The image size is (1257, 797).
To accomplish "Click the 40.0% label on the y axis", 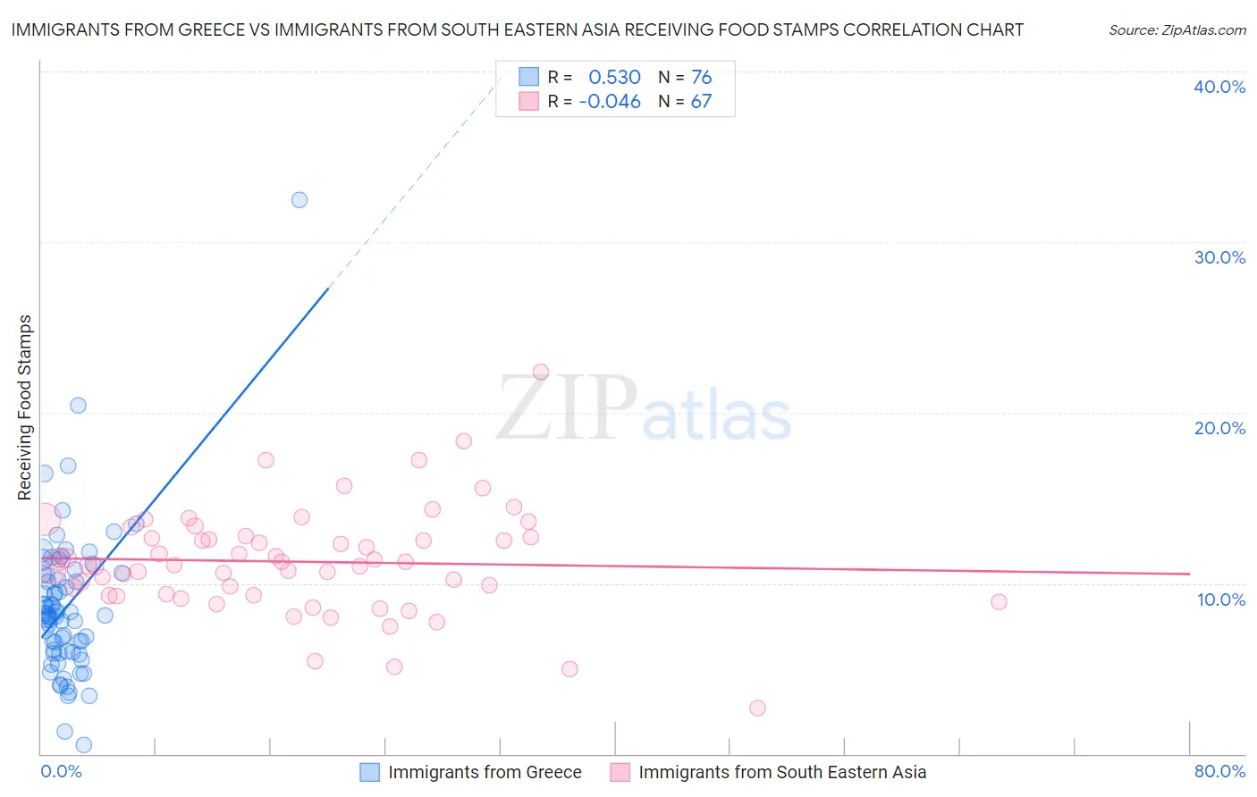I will coord(1219,87).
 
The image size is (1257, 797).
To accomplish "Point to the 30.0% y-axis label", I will coord(1219,257).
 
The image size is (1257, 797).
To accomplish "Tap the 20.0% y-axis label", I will coord(1219,428).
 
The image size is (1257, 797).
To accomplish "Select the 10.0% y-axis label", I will coord(1220,600).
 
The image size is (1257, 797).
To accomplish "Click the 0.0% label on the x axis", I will coord(61,771).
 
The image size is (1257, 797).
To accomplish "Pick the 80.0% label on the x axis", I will coord(1219,771).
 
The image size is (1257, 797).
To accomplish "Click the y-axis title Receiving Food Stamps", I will coord(24,407).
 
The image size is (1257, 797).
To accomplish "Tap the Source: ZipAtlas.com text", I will coord(1177,29).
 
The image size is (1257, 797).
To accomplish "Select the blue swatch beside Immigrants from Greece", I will coord(369,772).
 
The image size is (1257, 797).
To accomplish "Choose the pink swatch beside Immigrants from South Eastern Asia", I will coord(620,772).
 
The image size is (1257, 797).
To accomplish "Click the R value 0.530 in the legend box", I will coord(614,77).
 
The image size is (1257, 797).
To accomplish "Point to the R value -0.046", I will coord(610,102).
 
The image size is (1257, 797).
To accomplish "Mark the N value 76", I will coord(701,77).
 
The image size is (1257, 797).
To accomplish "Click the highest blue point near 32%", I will coord(299,200).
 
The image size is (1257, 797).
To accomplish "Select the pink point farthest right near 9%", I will coord(999,602).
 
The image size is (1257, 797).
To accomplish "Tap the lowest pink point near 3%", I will coord(757,708).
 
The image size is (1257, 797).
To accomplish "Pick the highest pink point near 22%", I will coord(541,372).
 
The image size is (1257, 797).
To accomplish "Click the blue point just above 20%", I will coord(79,405).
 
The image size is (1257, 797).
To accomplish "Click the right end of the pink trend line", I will coord(1189,574).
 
